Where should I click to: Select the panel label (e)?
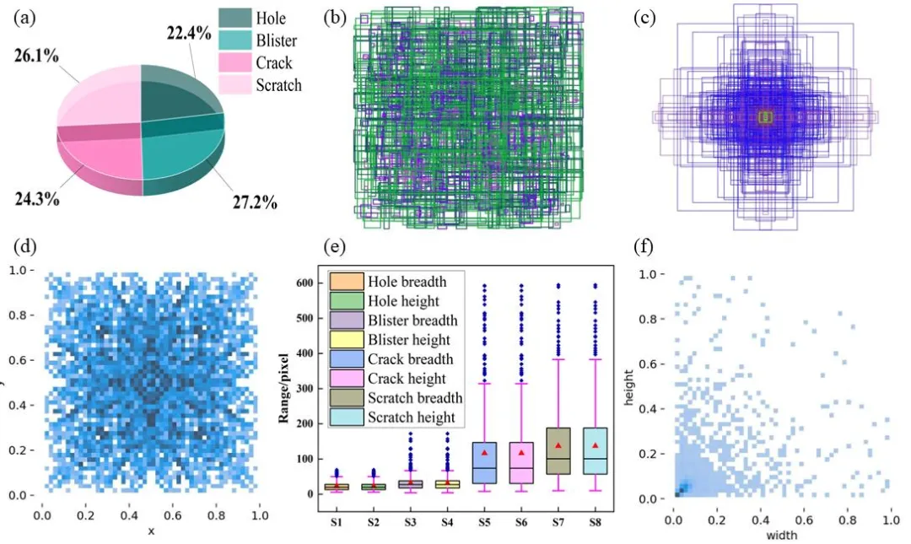[335, 247]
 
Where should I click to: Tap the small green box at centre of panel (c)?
[765, 117]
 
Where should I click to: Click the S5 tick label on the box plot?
[484, 522]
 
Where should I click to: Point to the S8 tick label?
[596, 522]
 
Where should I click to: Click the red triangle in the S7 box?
[558, 445]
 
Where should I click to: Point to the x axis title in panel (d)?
[151, 531]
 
